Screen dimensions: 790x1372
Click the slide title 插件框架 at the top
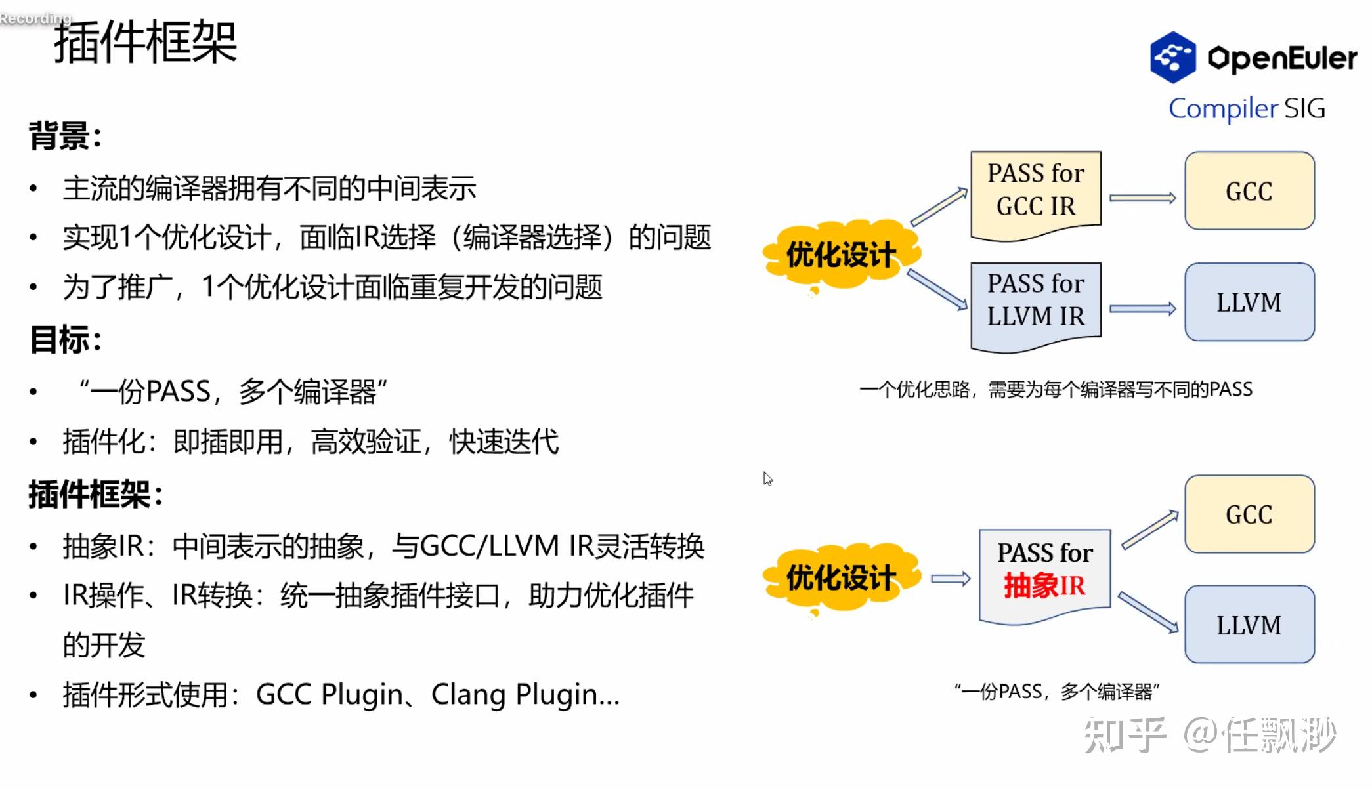(145, 43)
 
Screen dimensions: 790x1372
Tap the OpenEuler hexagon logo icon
(1172, 58)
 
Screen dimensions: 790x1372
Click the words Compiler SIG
(1247, 108)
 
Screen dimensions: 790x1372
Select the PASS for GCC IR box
(1035, 191)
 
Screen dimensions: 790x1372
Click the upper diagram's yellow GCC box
(1249, 191)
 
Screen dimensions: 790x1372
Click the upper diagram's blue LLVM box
(1249, 302)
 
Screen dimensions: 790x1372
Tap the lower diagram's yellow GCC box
(1249, 514)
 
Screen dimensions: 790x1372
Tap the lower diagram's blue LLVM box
(1249, 625)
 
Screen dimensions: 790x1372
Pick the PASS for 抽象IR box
(1044, 570)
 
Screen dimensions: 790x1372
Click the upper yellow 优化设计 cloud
(841, 255)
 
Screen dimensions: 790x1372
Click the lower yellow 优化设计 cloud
(841, 578)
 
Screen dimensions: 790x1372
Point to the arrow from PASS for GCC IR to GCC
(1142, 197)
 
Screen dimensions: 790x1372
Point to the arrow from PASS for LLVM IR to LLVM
(1142, 308)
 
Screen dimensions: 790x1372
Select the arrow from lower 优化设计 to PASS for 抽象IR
(950, 579)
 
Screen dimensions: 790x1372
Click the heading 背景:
(65, 136)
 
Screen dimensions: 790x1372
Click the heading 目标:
(65, 340)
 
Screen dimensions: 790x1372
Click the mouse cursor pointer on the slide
(767, 479)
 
